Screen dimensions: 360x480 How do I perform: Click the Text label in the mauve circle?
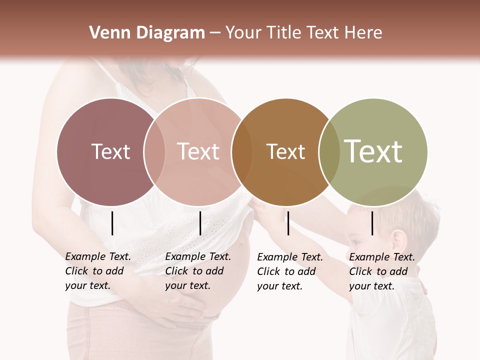pyautogui.click(x=110, y=151)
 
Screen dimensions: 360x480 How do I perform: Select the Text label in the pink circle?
pyautogui.click(x=198, y=151)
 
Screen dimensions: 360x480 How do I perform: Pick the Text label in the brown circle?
pyautogui.click(x=285, y=151)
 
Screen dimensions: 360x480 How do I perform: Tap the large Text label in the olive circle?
pyautogui.click(x=373, y=151)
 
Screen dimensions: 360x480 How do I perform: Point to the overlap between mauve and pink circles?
pyautogui.click(x=154, y=151)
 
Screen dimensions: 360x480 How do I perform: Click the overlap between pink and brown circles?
pyautogui.click(x=242, y=151)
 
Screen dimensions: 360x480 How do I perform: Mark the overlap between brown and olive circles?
pyautogui.click(x=329, y=151)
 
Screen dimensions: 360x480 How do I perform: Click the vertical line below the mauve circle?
pyautogui.click(x=112, y=223)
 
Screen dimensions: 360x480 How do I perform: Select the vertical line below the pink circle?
pyautogui.click(x=200, y=223)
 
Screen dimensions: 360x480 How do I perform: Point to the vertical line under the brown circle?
pyautogui.click(x=288, y=223)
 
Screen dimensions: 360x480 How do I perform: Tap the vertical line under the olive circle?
pyautogui.click(x=372, y=223)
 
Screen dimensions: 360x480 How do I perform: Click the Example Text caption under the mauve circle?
pyautogui.click(x=97, y=271)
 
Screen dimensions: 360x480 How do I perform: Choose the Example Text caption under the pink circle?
pyautogui.click(x=197, y=271)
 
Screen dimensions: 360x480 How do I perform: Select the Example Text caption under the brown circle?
pyautogui.click(x=289, y=271)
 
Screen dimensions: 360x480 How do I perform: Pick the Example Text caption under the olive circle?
pyautogui.click(x=381, y=271)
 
